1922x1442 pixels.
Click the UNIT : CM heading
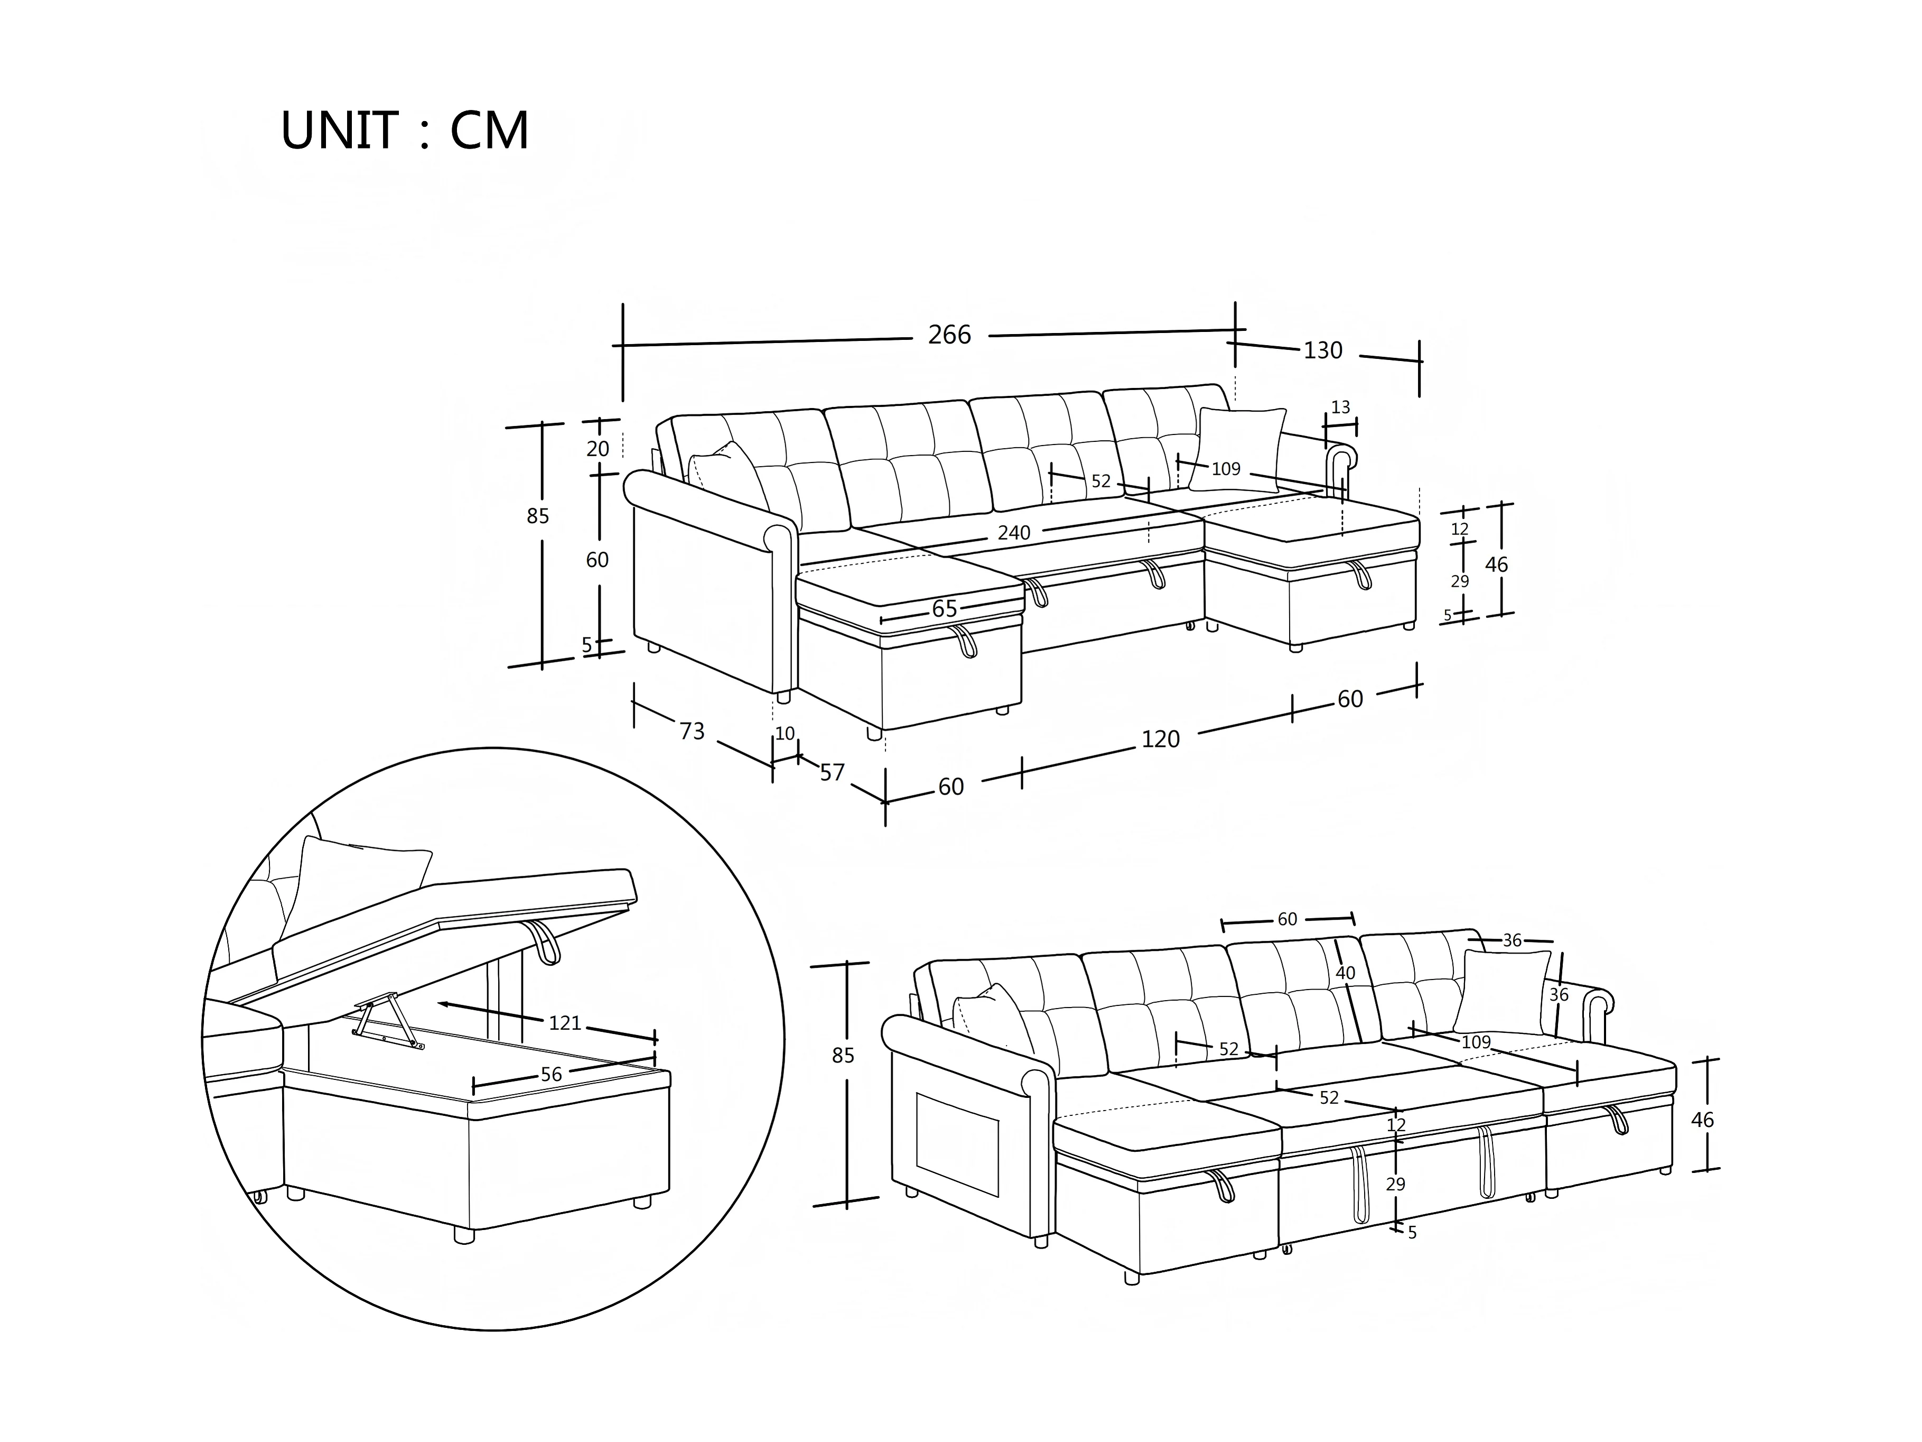(x=404, y=131)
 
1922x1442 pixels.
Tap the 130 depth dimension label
(x=1322, y=351)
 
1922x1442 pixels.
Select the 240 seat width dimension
(x=1013, y=533)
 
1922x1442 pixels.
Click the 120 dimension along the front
(x=1160, y=740)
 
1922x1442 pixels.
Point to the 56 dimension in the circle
(x=551, y=1074)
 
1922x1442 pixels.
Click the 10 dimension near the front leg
(x=785, y=734)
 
